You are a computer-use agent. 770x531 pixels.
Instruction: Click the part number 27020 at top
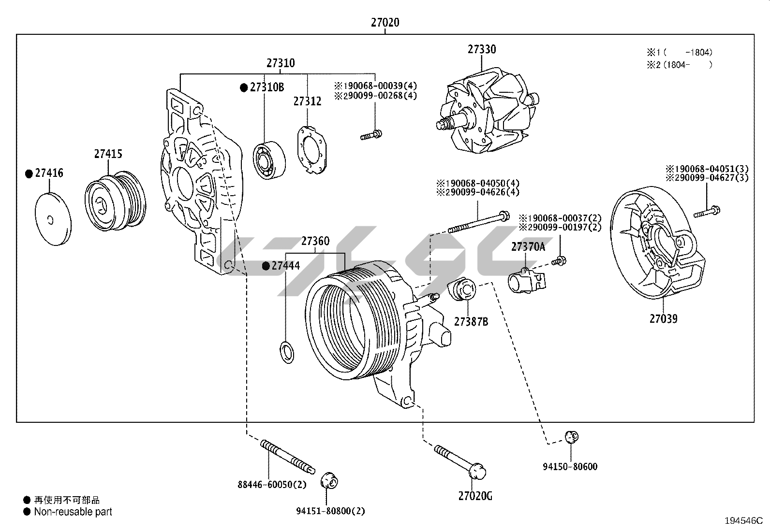pos(385,22)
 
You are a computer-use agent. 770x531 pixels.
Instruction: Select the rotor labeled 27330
pos(486,112)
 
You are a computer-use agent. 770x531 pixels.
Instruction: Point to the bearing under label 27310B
pos(269,159)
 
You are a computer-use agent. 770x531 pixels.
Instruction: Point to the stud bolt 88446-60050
pos(287,456)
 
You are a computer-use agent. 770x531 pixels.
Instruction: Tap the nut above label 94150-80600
pos(571,437)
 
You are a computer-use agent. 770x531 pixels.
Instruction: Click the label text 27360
pos(315,241)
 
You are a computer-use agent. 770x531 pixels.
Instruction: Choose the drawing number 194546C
pos(743,521)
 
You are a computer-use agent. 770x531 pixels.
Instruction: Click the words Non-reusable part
pos(73,512)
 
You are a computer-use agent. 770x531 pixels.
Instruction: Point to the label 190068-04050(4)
pos(477,183)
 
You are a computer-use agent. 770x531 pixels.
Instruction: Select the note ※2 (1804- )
pos(679,64)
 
